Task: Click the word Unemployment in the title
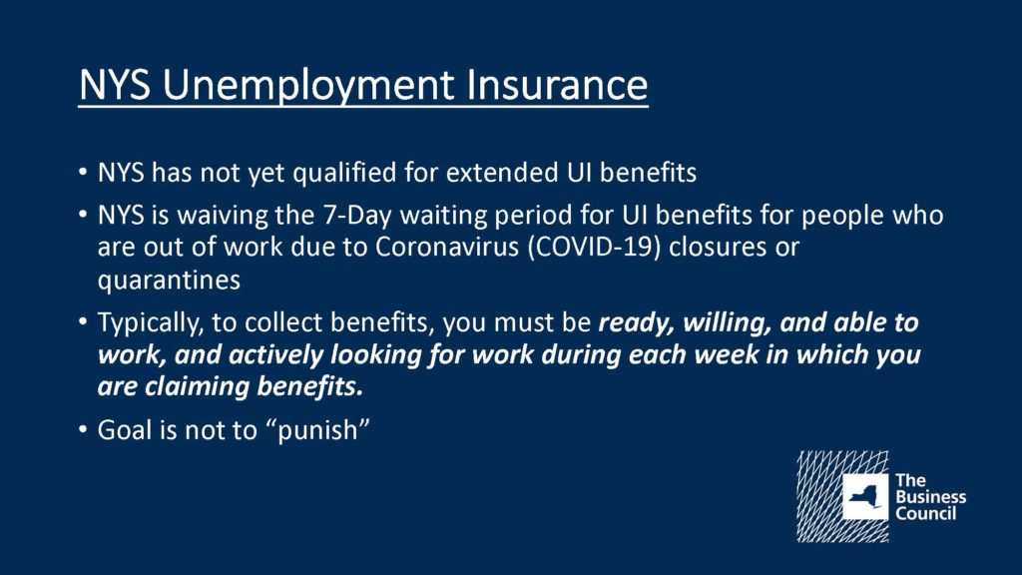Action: pos(308,86)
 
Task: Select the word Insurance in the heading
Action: pos(557,85)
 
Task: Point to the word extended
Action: pos(502,173)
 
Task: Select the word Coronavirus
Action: pos(446,248)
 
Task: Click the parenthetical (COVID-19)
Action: pos(593,249)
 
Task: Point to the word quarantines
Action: pos(169,281)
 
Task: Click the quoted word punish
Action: pos(317,431)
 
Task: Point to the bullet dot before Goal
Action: pos(82,430)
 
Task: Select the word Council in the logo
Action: pos(925,514)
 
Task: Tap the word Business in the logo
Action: pos(931,497)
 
